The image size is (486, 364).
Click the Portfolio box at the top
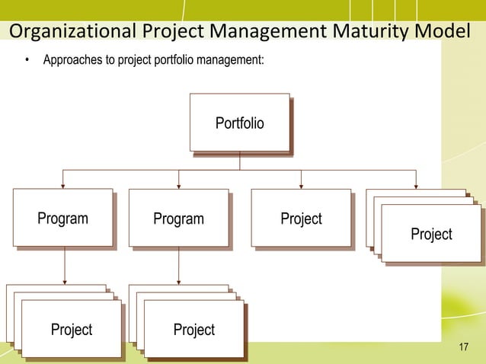pos(240,123)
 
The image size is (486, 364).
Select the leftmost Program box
pos(64,219)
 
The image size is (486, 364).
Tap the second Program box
pos(179,219)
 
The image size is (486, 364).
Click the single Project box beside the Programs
pos(302,219)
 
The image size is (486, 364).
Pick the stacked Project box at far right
pos(431,234)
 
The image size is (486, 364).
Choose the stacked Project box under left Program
pos(72,329)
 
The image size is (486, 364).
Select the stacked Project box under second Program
pos(194,329)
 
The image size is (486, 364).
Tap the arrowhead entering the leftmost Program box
pos(64,184)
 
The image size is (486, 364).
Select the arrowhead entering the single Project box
pos(302,184)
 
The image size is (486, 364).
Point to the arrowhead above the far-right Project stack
pos(416,184)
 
